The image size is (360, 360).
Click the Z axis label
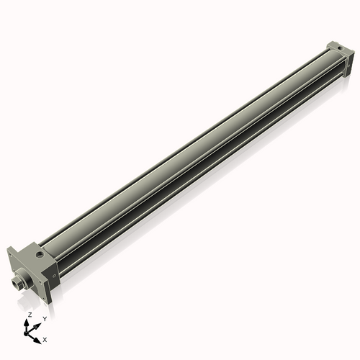30,315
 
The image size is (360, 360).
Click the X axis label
45,338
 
